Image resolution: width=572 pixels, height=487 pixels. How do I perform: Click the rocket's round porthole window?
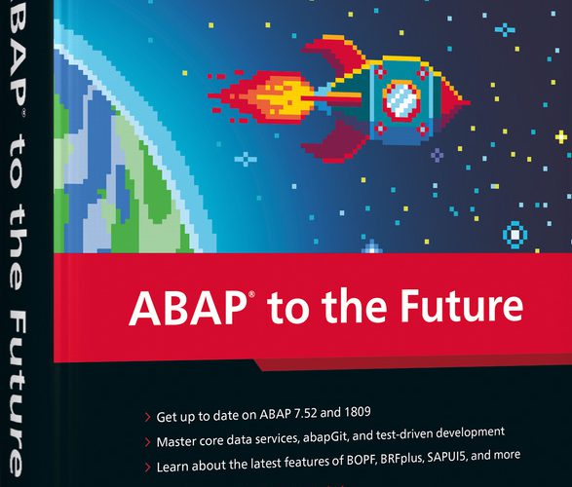pyautogui.click(x=401, y=100)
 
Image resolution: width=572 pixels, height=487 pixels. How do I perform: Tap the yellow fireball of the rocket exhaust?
pyautogui.click(x=285, y=97)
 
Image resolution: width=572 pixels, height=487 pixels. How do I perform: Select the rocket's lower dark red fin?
pyautogui.click(x=335, y=141)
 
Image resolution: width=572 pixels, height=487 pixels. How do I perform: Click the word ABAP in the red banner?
pyautogui.click(x=188, y=307)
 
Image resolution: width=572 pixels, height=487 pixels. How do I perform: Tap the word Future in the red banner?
pyautogui.click(x=462, y=305)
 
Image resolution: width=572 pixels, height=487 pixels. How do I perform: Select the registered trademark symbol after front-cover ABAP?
pyautogui.click(x=251, y=294)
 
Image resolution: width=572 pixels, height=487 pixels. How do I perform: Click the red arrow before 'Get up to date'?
pyautogui.click(x=148, y=417)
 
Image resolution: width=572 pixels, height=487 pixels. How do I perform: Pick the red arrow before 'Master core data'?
pyautogui.click(x=148, y=442)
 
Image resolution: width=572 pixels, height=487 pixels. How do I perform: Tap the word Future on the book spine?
pyautogui.click(x=16, y=395)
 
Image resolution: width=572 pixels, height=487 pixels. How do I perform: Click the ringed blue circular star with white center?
pyautogui.click(x=515, y=235)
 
